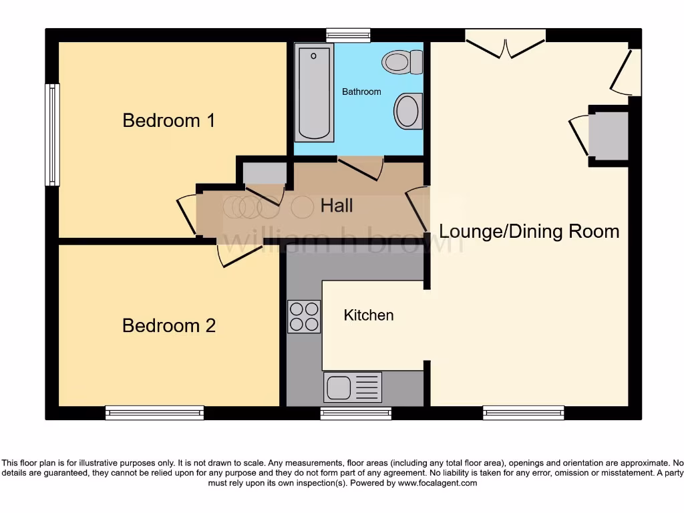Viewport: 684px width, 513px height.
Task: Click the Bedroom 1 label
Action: (x=168, y=121)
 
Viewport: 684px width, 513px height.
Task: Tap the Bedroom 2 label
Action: (x=168, y=326)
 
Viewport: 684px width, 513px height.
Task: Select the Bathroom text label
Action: (x=361, y=92)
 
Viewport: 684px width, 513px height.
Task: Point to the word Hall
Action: (x=337, y=206)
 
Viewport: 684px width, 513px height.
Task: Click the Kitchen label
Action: (x=369, y=315)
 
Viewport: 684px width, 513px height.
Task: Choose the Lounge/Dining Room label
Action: (x=529, y=232)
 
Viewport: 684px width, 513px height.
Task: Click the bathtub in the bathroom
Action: (x=314, y=92)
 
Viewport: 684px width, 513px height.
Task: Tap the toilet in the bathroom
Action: (x=403, y=62)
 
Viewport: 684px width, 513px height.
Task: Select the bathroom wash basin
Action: (x=407, y=111)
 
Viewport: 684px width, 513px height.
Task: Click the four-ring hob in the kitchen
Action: (x=303, y=317)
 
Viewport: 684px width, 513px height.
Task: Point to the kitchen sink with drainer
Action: (x=353, y=387)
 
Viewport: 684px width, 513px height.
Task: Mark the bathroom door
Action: (x=361, y=168)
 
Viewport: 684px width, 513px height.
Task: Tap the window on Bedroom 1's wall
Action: (x=52, y=134)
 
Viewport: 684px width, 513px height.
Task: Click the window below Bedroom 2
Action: (x=154, y=413)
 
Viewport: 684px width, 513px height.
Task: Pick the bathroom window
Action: (x=348, y=35)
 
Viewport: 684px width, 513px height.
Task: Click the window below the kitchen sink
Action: (x=355, y=413)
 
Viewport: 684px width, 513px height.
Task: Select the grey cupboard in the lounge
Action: (x=607, y=136)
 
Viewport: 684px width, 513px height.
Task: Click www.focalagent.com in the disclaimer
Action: (x=439, y=483)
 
